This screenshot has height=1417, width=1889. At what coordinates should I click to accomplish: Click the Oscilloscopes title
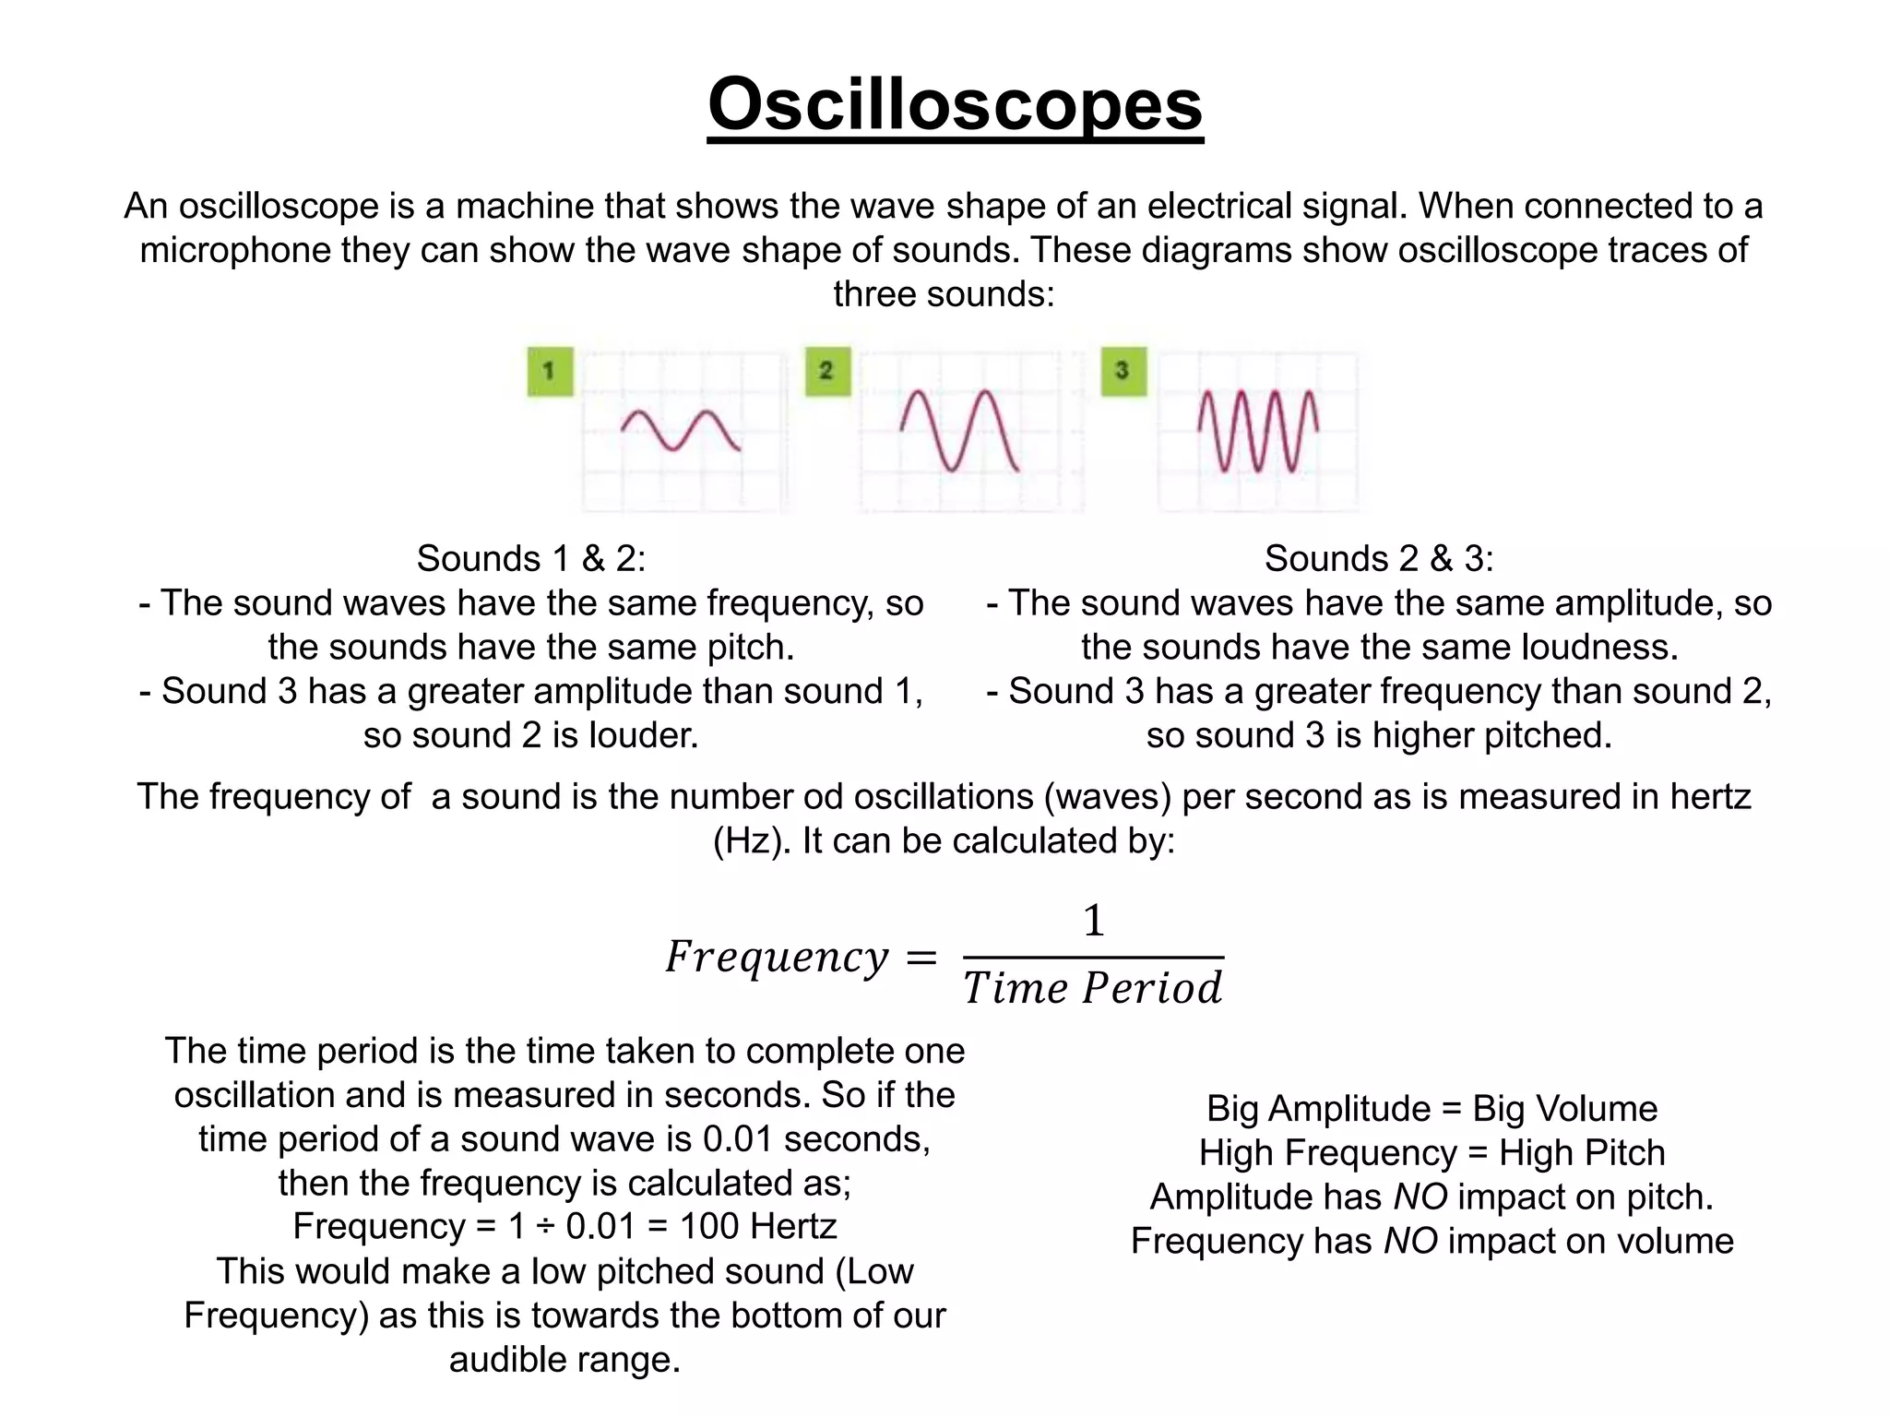coord(955,104)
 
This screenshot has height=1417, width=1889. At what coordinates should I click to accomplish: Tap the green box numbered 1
coord(550,371)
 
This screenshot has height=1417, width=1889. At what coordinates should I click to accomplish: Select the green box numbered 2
coord(827,371)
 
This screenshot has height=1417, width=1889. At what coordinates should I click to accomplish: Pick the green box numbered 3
coord(1123,371)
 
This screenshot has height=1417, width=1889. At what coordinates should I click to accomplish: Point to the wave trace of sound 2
coord(959,431)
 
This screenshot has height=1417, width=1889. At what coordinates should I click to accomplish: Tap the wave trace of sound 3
coord(1257,431)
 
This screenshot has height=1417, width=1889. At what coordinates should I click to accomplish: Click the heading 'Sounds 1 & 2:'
coord(530,558)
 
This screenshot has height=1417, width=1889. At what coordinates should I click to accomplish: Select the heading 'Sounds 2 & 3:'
coord(1378,558)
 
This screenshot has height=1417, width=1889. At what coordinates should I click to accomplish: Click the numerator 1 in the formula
coord(1093,921)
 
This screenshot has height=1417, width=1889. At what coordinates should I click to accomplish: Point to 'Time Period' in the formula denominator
coord(1093,988)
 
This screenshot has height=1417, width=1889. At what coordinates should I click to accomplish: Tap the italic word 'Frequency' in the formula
coord(777,957)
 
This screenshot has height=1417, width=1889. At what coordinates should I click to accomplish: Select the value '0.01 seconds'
coord(815,1139)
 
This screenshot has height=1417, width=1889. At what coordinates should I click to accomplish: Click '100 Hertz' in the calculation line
coord(757,1227)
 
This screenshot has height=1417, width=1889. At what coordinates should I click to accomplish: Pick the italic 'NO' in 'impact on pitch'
coord(1420,1197)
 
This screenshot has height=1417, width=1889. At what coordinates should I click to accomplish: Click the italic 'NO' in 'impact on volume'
coord(1410,1242)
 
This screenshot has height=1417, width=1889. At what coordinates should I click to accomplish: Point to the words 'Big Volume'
coord(1564,1109)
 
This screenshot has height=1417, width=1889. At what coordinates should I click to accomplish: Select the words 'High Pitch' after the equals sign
coord(1581,1153)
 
